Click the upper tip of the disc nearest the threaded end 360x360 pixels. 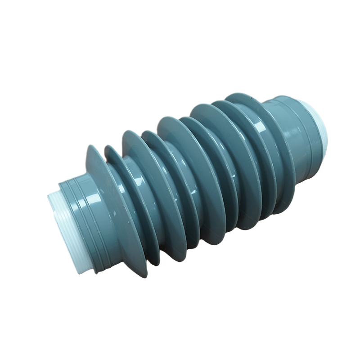(91, 148)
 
